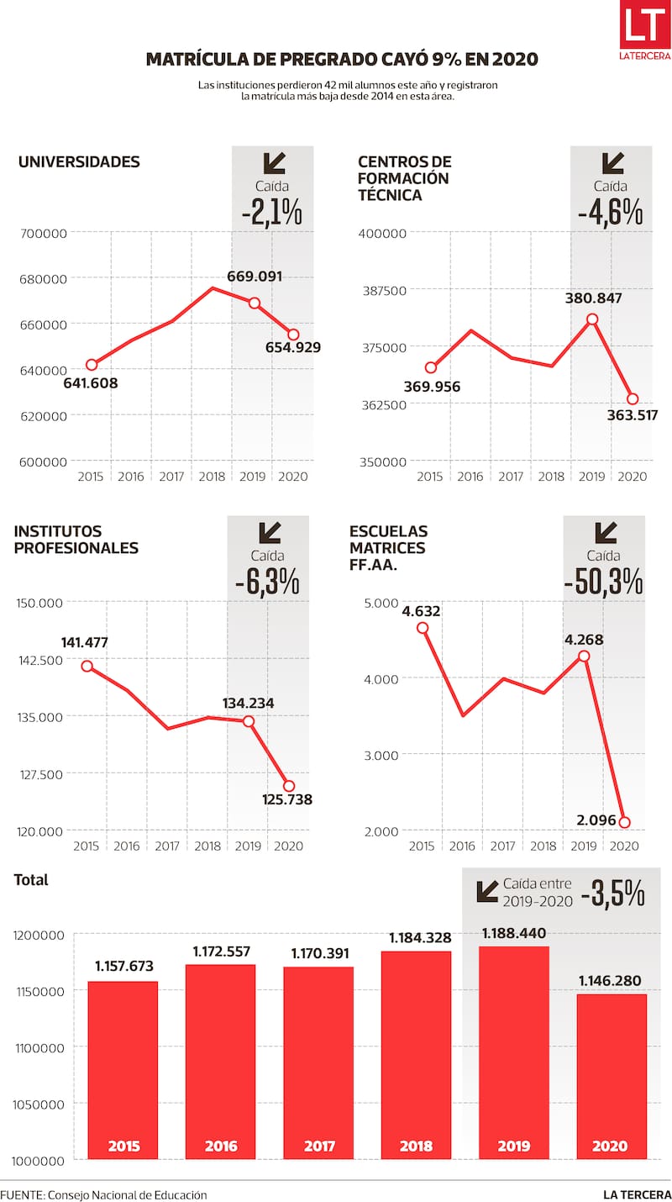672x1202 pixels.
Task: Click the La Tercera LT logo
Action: [645, 31]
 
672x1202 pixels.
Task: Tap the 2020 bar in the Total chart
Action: [611, 1076]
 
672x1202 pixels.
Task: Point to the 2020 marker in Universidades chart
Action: [293, 335]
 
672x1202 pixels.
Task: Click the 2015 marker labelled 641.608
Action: [92, 365]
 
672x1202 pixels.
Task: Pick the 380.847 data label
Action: [592, 298]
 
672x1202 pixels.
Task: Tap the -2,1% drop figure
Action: [272, 213]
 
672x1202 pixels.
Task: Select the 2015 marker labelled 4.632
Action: [423, 628]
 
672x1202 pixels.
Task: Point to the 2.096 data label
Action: [596, 820]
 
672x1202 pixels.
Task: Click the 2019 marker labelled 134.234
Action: [249, 721]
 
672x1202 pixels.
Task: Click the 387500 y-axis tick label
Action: [383, 290]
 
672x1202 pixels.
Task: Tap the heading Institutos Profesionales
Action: [76, 540]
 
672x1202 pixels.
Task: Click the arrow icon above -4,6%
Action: [612, 162]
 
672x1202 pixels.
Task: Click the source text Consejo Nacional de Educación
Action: [128, 1194]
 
